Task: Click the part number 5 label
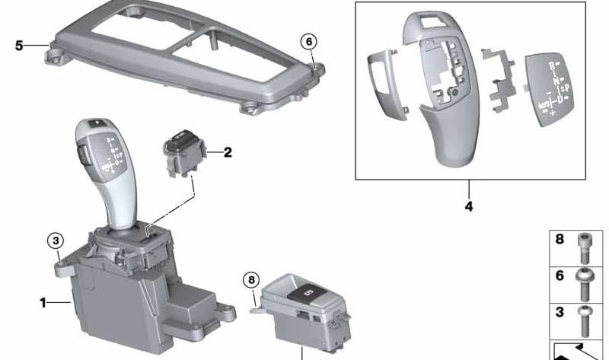click(x=19, y=46)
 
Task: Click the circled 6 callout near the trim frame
click(x=308, y=41)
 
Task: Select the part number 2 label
click(x=227, y=152)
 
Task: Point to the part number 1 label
click(x=43, y=303)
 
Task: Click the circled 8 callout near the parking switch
click(x=253, y=280)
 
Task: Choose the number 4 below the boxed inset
click(x=468, y=206)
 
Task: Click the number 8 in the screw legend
click(x=560, y=240)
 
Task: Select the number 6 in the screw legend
click(x=560, y=276)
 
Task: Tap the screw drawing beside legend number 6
click(x=584, y=283)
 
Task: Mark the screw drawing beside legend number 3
click(x=584, y=320)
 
